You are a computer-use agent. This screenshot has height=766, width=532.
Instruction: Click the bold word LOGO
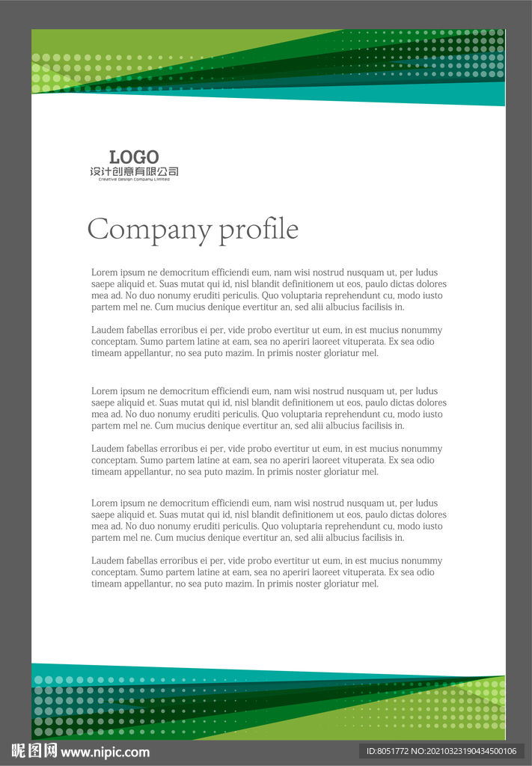click(x=134, y=157)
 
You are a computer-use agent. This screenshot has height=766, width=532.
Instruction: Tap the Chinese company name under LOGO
click(x=134, y=172)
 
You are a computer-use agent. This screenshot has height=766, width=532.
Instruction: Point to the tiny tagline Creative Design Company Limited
click(x=134, y=180)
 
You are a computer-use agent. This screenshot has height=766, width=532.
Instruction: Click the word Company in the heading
click(x=149, y=230)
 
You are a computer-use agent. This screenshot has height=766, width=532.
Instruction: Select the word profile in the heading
click(x=258, y=230)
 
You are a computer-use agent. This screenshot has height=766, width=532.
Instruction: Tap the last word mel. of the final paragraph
click(x=370, y=583)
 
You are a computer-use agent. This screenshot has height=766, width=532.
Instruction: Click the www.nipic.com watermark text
click(x=105, y=753)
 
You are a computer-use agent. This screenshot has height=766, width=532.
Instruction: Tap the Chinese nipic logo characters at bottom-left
click(x=34, y=752)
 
